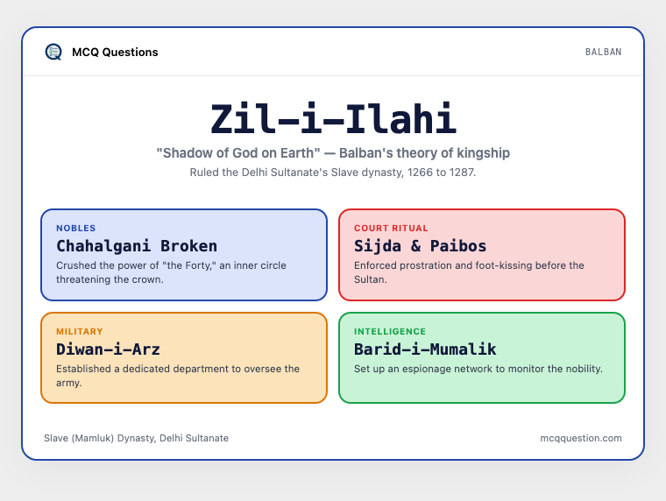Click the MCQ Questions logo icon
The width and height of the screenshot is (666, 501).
53,52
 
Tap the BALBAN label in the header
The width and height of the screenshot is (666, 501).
603,52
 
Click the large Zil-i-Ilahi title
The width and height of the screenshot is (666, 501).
333,118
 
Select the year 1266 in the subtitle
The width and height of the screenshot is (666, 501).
422,173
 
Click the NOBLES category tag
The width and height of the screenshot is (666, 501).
76,228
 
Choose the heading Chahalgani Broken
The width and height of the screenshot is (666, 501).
137,246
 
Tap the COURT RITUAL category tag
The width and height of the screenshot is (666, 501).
391,228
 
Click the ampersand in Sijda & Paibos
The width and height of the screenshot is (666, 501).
416,246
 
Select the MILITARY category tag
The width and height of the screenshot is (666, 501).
80,331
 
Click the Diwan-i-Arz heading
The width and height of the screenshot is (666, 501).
109,349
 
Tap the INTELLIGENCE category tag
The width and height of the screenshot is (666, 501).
390,331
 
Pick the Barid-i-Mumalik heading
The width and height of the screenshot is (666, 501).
425,349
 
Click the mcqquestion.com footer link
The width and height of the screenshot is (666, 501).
581,438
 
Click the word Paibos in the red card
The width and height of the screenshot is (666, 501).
458,246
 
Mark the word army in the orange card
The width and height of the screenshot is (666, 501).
69,384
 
